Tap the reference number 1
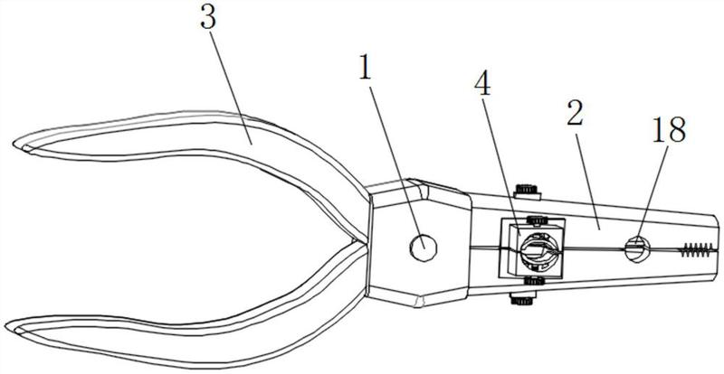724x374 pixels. click(365, 68)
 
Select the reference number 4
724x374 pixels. click(482, 83)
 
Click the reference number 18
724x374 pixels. click(669, 129)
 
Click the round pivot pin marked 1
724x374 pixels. click(423, 248)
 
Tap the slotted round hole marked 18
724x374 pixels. click(637, 249)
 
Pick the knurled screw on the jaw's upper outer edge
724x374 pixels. click(528, 192)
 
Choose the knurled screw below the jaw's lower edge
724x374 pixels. click(522, 298)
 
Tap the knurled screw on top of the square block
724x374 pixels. click(537, 221)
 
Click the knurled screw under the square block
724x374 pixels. click(534, 280)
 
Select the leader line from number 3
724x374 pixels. click(232, 87)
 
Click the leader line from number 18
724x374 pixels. click(652, 193)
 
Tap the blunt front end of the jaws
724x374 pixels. click(717, 249)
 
